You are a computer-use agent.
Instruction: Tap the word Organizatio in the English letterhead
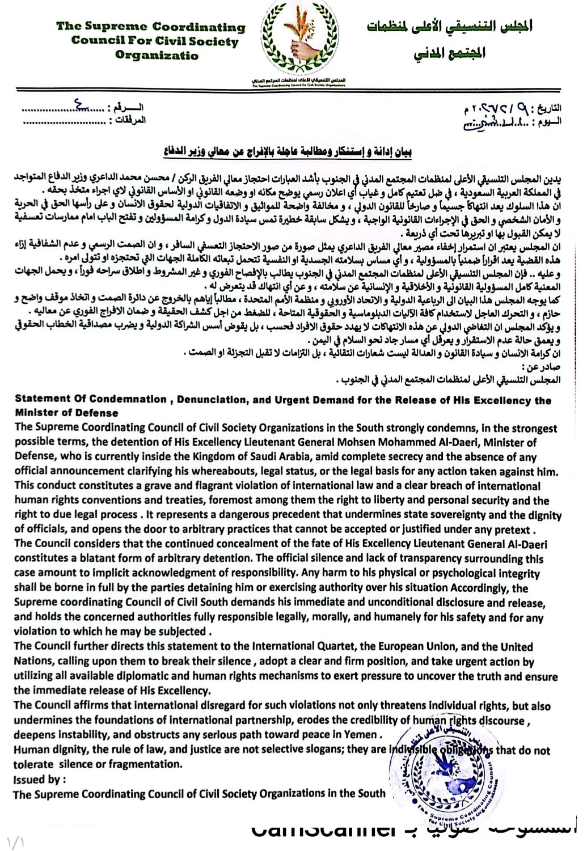coord(157,55)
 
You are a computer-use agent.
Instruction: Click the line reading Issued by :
coord(40,779)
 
